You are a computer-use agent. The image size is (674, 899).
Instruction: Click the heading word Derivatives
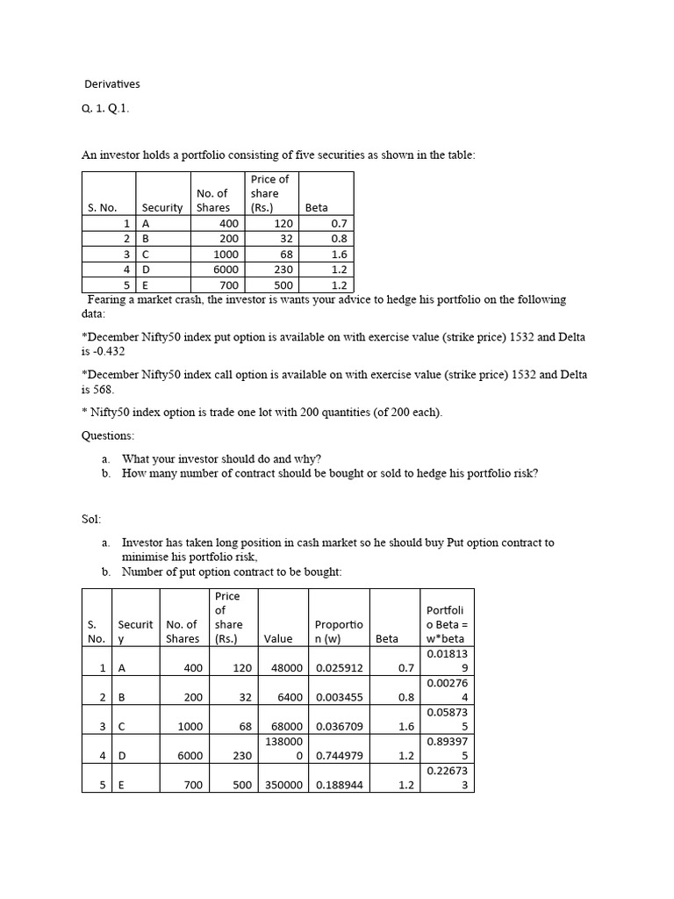pos(111,84)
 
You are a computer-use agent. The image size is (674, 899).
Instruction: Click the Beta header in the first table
pos(316,208)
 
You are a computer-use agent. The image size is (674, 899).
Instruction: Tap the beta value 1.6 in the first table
pos(339,255)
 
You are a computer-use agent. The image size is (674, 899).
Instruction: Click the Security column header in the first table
pos(161,208)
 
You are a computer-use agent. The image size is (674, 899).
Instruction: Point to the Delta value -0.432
pos(108,351)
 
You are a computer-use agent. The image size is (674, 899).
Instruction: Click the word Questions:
pos(108,435)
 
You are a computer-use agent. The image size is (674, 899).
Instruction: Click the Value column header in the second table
pos(278,639)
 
